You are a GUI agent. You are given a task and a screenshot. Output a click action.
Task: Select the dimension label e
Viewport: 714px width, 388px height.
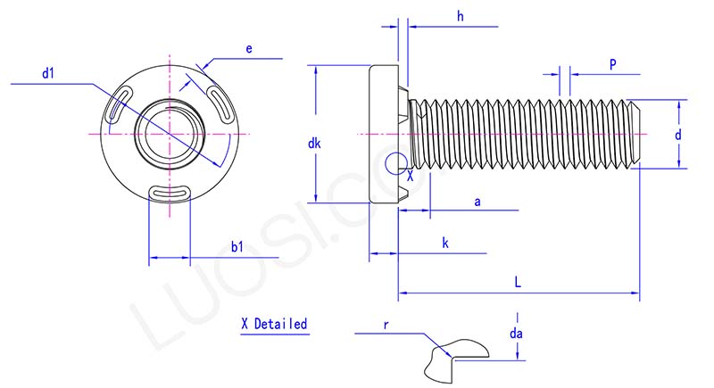point(250,50)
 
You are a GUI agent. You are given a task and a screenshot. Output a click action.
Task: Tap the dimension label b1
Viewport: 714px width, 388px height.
point(237,246)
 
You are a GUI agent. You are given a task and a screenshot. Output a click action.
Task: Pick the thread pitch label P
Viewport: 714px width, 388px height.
point(613,64)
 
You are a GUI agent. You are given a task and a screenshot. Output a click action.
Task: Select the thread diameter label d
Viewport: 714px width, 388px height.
point(678,135)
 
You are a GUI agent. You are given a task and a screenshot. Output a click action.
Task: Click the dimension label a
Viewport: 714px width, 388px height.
point(477,202)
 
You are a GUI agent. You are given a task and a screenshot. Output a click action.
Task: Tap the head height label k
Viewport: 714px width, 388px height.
point(444,243)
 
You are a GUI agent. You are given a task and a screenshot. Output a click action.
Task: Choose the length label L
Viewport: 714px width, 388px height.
point(518,281)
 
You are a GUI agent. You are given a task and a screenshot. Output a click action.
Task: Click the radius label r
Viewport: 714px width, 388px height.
point(386,326)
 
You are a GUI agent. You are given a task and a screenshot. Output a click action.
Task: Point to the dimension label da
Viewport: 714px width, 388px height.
point(516,334)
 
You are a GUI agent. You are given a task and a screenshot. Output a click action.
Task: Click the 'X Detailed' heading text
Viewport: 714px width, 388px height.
point(274,323)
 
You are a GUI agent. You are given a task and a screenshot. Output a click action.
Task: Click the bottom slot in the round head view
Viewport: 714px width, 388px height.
point(168,190)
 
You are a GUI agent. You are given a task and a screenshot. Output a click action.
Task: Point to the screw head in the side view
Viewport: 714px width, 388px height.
point(385,134)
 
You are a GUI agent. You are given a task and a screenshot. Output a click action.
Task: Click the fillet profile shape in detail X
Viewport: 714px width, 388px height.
point(446,360)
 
